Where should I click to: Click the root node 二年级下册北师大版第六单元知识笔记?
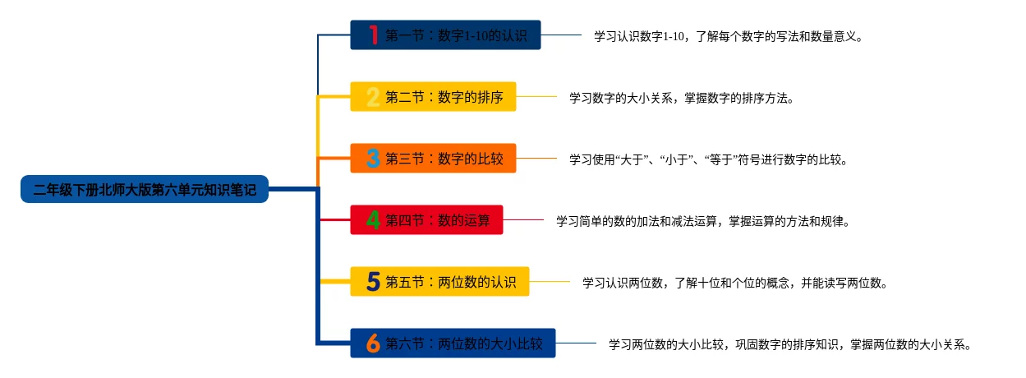145,190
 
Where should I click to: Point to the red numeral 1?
373,35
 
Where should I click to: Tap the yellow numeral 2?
373,97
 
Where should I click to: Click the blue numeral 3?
373,159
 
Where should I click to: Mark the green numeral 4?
373,220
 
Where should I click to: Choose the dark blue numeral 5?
373,282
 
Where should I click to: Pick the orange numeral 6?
373,343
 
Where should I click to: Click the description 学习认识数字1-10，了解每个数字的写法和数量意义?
728,36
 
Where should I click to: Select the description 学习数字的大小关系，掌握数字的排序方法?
682,98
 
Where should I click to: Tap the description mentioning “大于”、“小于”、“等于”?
708,159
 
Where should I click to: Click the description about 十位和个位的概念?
734,283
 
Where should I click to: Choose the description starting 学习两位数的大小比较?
790,344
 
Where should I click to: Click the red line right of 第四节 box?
523,220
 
